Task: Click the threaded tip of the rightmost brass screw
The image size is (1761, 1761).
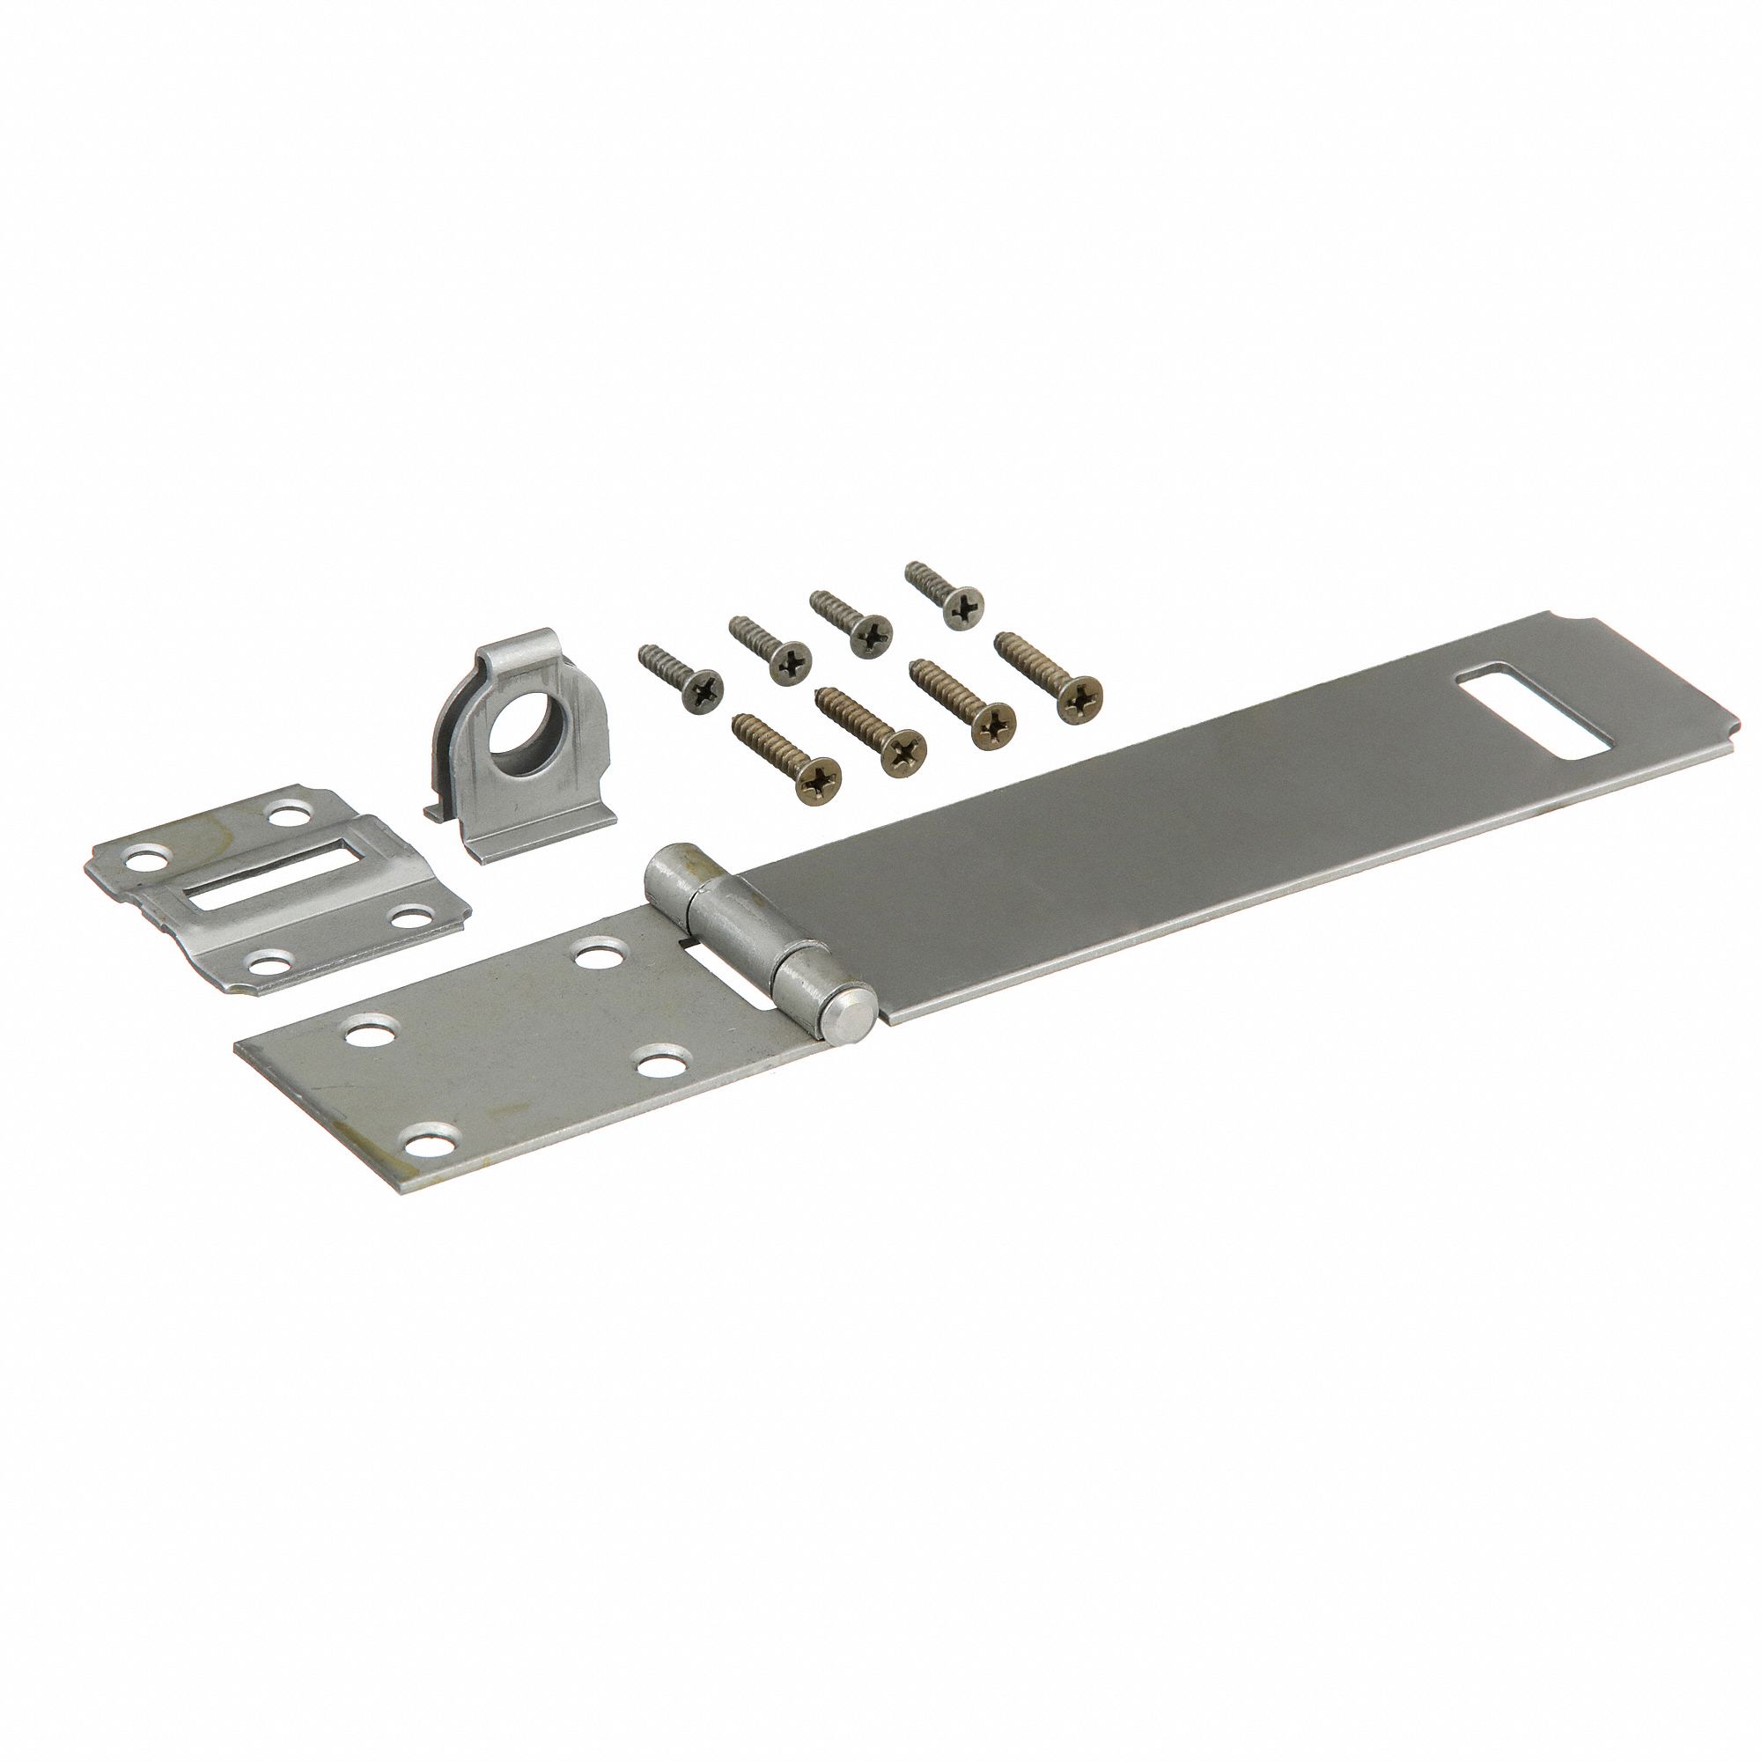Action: tap(1001, 640)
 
